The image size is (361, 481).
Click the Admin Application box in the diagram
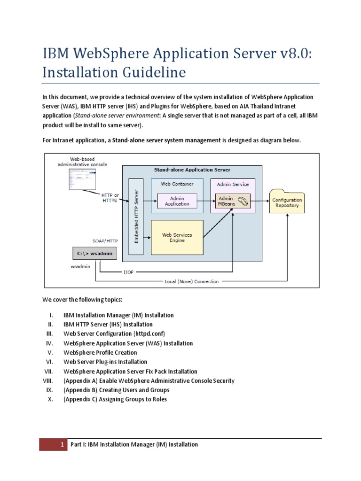(177, 201)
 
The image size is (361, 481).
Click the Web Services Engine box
(177, 238)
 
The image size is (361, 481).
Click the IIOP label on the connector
(128, 272)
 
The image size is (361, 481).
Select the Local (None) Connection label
(191, 282)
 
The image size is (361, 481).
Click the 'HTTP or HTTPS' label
(110, 197)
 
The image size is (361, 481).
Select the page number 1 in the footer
(61, 444)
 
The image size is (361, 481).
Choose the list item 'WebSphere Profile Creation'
(100, 353)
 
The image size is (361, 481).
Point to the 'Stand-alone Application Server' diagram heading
(192, 170)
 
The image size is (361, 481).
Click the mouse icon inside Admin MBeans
(243, 201)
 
